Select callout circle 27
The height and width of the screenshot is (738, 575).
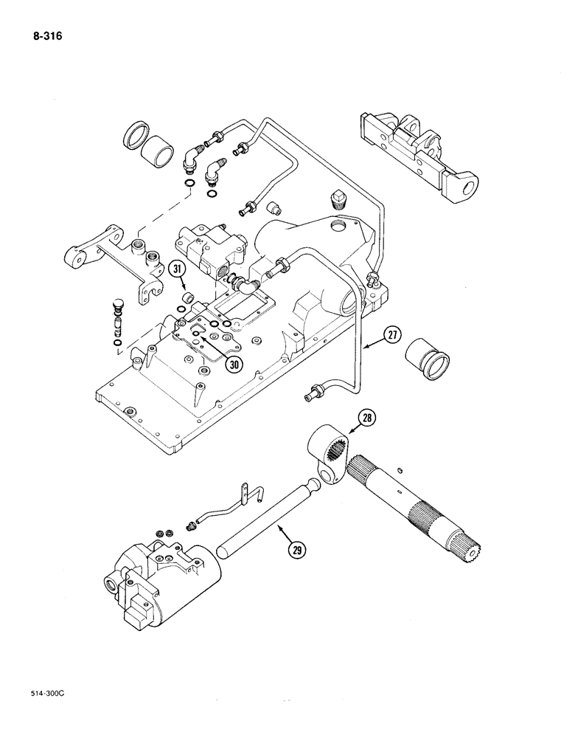(394, 337)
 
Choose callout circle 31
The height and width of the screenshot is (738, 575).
(176, 271)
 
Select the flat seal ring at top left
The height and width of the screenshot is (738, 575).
(134, 137)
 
